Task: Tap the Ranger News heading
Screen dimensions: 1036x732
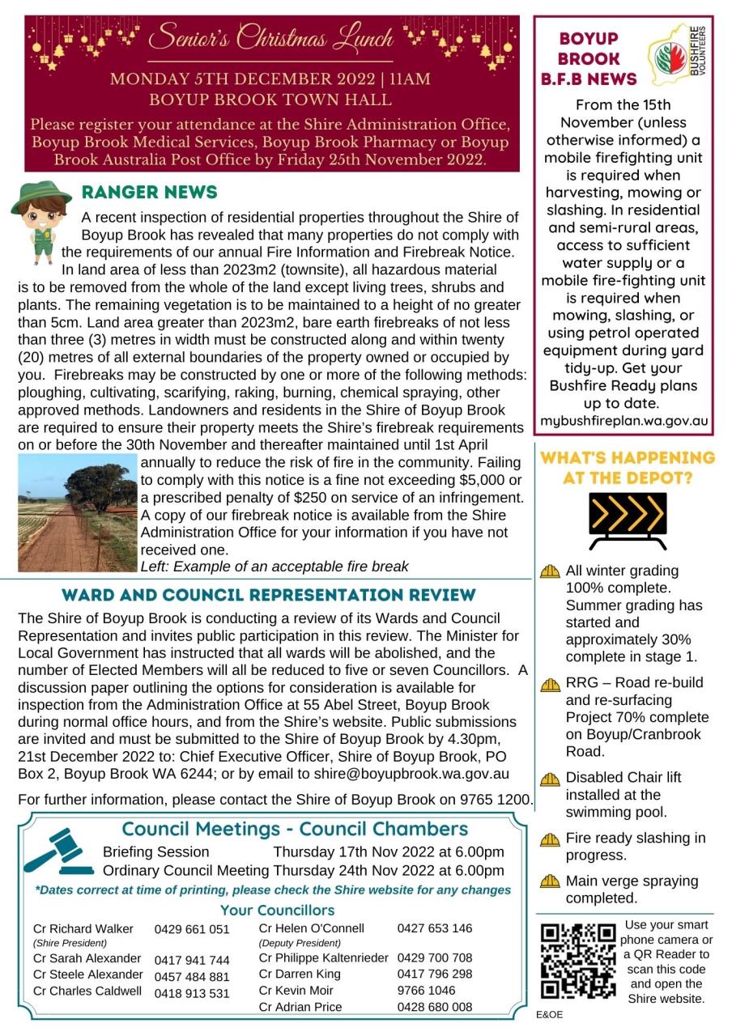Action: [x=149, y=193]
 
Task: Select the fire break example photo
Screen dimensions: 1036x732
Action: [x=77, y=513]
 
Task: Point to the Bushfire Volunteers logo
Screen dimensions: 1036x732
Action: [x=680, y=58]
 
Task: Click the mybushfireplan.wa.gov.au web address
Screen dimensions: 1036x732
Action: [x=624, y=421]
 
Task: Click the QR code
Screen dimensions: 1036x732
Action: [x=578, y=961]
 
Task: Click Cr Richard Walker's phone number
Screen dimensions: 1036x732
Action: [x=192, y=929]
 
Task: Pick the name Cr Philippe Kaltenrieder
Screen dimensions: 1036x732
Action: [x=324, y=958]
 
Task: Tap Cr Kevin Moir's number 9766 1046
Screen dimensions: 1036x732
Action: [x=426, y=990]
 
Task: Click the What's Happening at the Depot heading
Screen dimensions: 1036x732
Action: [x=628, y=468]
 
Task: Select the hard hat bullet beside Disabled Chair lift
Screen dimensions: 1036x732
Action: [x=551, y=779]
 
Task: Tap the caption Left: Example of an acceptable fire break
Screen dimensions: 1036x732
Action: [x=274, y=567]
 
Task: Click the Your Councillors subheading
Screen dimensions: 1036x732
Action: [x=277, y=911]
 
